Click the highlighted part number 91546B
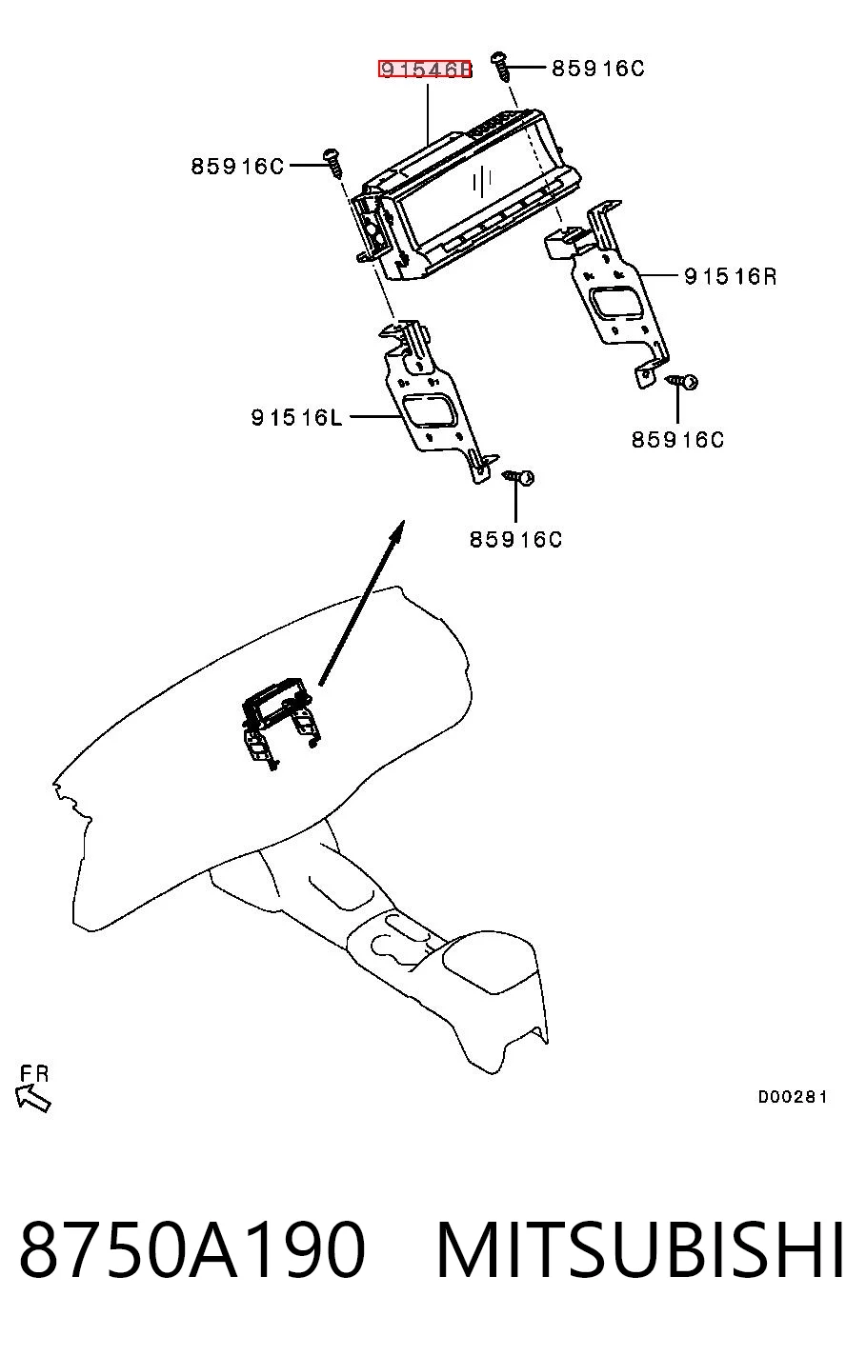(x=425, y=70)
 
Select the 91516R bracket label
(x=731, y=277)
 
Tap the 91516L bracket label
(x=296, y=417)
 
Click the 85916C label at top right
(x=597, y=69)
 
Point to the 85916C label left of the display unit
(x=237, y=166)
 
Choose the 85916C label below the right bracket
(x=677, y=440)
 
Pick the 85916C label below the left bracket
(x=516, y=539)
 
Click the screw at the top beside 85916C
(x=501, y=67)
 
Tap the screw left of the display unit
(x=333, y=163)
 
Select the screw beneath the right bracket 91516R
(x=682, y=381)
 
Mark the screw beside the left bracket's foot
(x=519, y=478)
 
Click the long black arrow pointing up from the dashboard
(x=361, y=603)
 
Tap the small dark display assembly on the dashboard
(x=280, y=722)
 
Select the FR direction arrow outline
(x=32, y=1099)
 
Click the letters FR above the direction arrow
(x=34, y=1074)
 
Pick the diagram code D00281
(x=793, y=1097)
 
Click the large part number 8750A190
(x=192, y=1249)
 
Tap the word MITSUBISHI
(x=640, y=1249)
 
